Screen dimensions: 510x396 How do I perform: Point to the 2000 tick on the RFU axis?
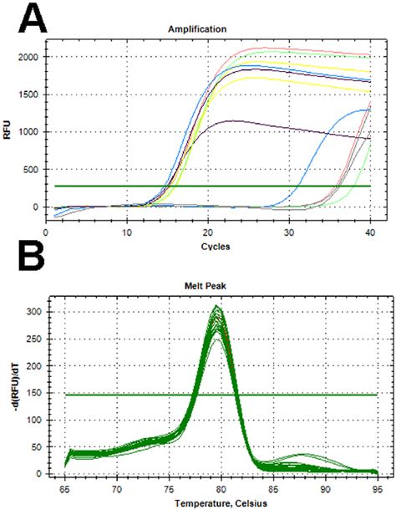[x=28, y=56]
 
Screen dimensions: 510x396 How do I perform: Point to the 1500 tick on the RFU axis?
[x=28, y=94]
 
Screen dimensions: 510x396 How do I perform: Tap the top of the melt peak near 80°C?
[x=217, y=308]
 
